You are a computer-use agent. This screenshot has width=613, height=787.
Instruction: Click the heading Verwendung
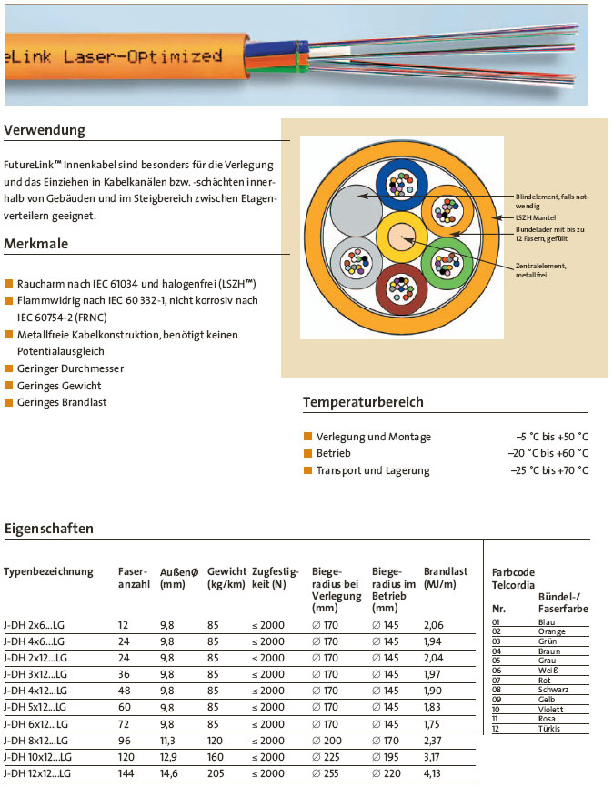point(45,130)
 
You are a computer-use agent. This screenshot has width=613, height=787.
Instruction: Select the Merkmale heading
point(37,244)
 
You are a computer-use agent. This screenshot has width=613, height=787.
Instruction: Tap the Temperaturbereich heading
point(363,402)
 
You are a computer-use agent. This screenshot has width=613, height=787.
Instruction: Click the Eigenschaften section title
point(49,529)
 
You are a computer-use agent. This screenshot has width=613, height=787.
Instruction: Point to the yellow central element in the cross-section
point(400,239)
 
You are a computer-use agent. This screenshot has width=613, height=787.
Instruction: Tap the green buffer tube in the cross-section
point(447,264)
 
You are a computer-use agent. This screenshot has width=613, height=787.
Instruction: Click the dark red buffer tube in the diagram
point(400,289)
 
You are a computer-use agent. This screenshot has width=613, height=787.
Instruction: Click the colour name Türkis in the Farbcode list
point(548,729)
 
